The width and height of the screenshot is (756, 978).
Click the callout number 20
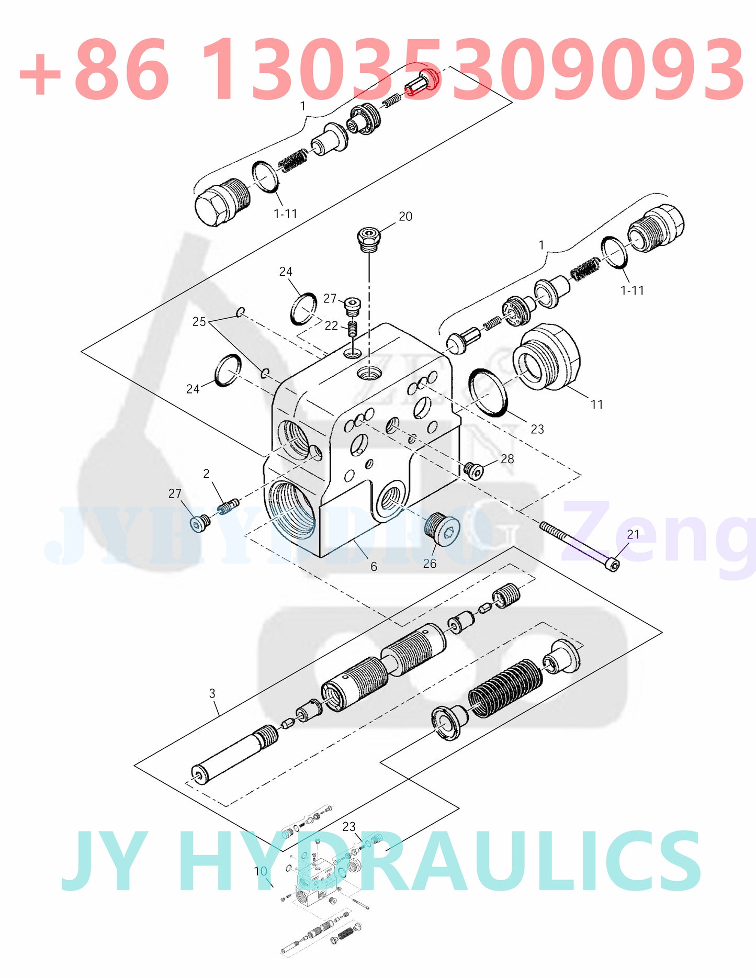click(x=405, y=217)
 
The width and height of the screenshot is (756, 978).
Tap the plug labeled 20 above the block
click(x=369, y=238)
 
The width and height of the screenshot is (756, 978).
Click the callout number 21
click(x=633, y=534)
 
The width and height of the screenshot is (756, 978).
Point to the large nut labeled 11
click(x=548, y=357)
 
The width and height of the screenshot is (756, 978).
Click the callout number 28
click(x=507, y=459)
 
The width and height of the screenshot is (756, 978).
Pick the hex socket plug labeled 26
click(x=443, y=529)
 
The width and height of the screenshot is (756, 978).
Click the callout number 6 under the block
click(x=374, y=567)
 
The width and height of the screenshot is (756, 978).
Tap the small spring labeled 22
click(x=353, y=329)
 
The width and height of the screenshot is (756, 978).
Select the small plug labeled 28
click(x=474, y=470)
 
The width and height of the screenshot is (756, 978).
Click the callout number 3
click(x=212, y=693)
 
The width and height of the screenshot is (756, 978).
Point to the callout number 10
click(x=261, y=871)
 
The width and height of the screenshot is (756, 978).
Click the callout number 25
click(x=199, y=321)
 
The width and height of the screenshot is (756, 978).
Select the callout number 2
click(x=206, y=474)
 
